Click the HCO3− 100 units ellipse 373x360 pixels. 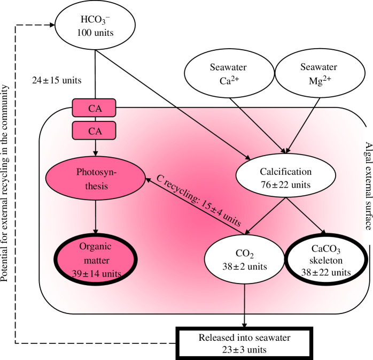[x=95, y=25]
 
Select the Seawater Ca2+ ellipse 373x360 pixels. [x=229, y=73]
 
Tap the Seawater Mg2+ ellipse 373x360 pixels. [x=320, y=73]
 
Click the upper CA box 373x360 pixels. [x=94, y=108]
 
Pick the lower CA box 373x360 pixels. [x=94, y=131]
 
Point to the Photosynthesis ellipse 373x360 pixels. [x=96, y=178]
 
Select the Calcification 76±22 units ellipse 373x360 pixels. [x=286, y=175]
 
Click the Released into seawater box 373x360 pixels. [x=244, y=343]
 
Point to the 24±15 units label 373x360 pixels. [x=57, y=80]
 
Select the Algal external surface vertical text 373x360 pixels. [x=368, y=186]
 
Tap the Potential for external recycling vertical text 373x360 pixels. [x=4, y=183]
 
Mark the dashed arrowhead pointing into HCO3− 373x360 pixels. [x=52, y=25]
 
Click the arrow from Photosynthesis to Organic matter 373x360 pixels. [x=96, y=217]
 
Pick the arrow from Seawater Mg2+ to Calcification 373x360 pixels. [x=303, y=126]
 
